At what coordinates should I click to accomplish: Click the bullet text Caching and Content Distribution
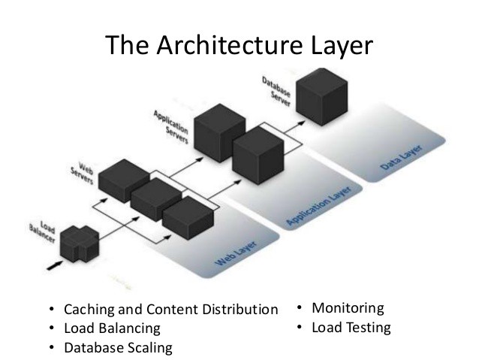point(171,310)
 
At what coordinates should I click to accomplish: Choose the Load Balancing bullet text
point(112,328)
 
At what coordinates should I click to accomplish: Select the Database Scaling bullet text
point(118,347)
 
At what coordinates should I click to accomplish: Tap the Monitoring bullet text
point(348,307)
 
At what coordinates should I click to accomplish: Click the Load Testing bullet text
point(351,327)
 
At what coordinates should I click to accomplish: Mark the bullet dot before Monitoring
point(299,307)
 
